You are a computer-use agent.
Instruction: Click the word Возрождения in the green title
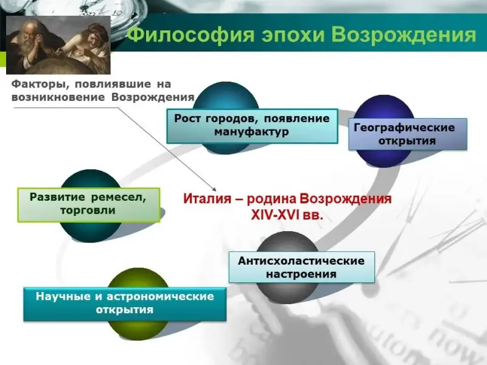click(405, 35)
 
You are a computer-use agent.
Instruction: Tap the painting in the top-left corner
click(58, 45)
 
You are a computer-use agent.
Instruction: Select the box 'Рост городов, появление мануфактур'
click(252, 126)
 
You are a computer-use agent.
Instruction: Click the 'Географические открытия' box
click(408, 134)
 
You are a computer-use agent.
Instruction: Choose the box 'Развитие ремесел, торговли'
click(89, 205)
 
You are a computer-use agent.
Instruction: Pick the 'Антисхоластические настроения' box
click(302, 267)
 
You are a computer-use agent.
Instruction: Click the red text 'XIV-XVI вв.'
click(287, 215)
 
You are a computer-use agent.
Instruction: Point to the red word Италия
click(208, 199)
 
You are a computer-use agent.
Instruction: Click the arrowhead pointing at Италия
click(214, 189)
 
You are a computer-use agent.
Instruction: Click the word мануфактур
click(251, 132)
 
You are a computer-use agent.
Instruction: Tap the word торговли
click(88, 210)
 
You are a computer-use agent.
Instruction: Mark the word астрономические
click(160, 296)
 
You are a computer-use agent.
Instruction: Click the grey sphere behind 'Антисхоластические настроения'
click(288, 267)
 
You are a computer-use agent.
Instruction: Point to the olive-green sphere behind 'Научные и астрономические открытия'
click(139, 304)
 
